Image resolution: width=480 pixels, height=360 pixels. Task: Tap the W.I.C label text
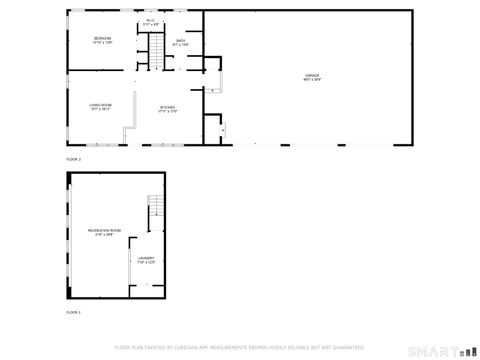point(150,20)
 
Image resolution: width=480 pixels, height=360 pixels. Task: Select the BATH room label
point(181,40)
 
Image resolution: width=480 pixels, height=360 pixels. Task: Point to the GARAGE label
point(312,75)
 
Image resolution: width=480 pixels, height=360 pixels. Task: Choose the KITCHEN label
point(167,107)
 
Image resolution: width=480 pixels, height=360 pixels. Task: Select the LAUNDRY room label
point(145,258)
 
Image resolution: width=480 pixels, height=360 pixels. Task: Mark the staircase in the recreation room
point(154,207)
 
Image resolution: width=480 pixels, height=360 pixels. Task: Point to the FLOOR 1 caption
point(72,312)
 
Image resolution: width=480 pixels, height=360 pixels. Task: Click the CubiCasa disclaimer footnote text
point(240,347)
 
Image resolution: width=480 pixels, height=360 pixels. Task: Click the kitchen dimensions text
point(167,111)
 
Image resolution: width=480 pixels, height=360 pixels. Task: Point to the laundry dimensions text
point(145,262)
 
